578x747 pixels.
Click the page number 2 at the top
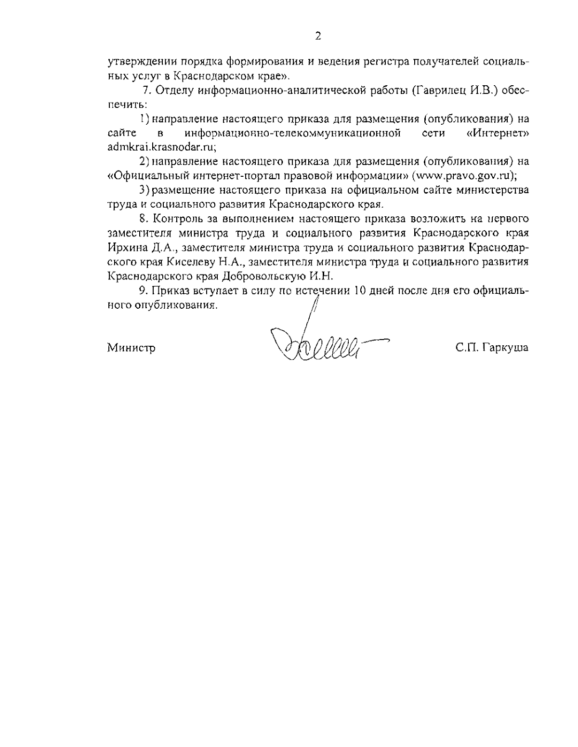[x=318, y=36]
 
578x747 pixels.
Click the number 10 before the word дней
[x=360, y=291]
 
